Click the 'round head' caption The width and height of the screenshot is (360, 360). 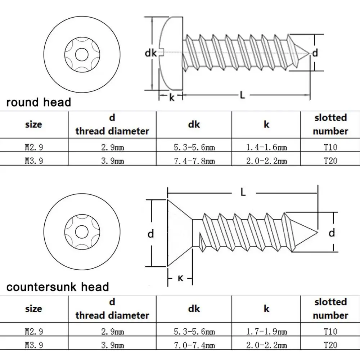pos(39,102)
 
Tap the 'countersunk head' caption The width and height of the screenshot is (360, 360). pos(58,287)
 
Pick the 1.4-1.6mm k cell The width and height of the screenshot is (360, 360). pos(266,147)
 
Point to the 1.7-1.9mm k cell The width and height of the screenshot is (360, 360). pos(266,331)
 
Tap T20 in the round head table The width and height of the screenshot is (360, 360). pos(330,161)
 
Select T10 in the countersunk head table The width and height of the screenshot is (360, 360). pos(330,331)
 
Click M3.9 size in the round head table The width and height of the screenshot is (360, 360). pos(33,161)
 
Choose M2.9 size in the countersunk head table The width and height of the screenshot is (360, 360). pos(33,331)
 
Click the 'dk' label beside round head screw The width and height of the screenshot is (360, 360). pos(151,53)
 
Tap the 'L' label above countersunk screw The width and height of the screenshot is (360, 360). pos(243,193)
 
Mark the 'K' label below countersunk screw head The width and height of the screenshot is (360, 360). pos(180,278)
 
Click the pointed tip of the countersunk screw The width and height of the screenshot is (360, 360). pos(317,231)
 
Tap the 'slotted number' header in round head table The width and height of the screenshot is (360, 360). pos(330,124)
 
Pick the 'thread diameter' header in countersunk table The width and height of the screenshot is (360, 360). pos(112,315)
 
